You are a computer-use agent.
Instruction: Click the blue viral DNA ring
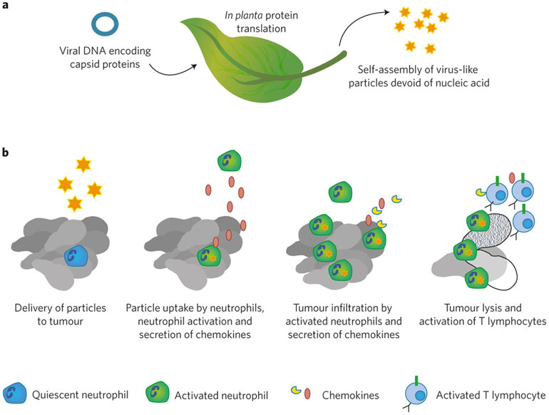pos(105,16)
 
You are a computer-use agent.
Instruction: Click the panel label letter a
pos(5,5)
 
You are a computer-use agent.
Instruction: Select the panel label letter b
pos(5,153)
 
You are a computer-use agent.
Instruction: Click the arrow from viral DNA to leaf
pos(172,73)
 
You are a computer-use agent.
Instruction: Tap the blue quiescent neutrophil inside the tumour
pos(76,256)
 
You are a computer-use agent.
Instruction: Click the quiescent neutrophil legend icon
pos(15,394)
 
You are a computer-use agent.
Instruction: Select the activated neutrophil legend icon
pos(157,393)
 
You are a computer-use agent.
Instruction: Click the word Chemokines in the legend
pos(351,395)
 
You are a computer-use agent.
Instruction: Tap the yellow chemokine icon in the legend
pos(296,390)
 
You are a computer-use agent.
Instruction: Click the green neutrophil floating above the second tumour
pos(230,160)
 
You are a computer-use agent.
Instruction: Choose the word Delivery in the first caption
pos(34,308)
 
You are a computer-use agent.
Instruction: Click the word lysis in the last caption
pos(493,308)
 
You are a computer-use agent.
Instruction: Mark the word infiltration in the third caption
pos(354,308)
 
